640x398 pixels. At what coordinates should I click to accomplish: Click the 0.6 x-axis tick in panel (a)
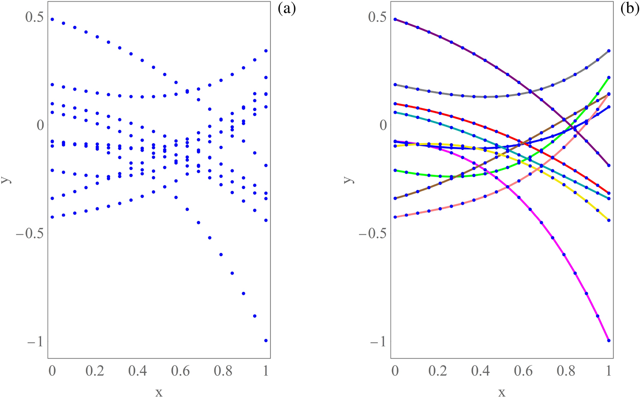pos(180,370)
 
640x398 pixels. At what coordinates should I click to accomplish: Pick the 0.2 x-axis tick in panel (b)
pos(438,370)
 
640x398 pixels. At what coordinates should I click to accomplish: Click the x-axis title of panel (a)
pos(159,392)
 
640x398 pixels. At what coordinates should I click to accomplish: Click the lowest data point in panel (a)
pos(266,340)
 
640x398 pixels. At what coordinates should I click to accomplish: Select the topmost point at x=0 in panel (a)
pos(52,19)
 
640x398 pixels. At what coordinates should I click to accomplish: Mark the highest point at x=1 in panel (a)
pos(266,51)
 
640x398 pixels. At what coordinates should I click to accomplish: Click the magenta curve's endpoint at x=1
pos(609,340)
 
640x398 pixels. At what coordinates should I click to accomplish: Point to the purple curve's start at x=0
pos(395,19)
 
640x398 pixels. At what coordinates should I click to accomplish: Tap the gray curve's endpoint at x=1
pos(609,51)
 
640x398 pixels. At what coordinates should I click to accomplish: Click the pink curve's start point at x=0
pos(395,217)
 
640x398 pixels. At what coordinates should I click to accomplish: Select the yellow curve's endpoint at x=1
pos(609,220)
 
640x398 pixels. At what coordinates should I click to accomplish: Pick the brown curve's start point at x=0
pos(395,198)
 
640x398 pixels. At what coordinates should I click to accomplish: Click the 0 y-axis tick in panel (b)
pos(383,125)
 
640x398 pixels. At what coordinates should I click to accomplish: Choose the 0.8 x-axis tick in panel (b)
pos(566,370)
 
